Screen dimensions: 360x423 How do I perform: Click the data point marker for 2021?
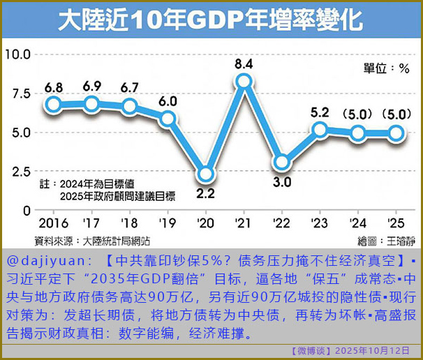point(244,82)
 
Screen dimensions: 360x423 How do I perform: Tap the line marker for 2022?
point(281,163)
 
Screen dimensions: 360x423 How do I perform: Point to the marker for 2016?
point(54,105)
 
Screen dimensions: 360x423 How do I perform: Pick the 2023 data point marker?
point(320,129)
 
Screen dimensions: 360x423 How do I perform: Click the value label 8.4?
point(244,65)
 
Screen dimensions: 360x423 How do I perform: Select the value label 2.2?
point(205,192)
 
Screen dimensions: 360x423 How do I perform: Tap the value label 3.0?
point(281,182)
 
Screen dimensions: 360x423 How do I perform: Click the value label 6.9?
point(91,87)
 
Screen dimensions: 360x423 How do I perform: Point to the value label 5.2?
point(320,112)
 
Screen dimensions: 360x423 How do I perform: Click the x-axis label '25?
point(396,224)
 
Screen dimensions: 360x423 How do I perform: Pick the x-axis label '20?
point(205,224)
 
